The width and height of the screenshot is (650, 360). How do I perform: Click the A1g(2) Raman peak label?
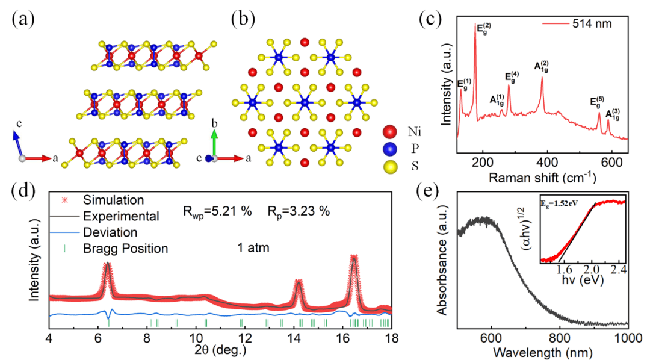tap(541, 66)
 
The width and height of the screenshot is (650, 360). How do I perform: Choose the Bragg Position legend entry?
tap(125, 248)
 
